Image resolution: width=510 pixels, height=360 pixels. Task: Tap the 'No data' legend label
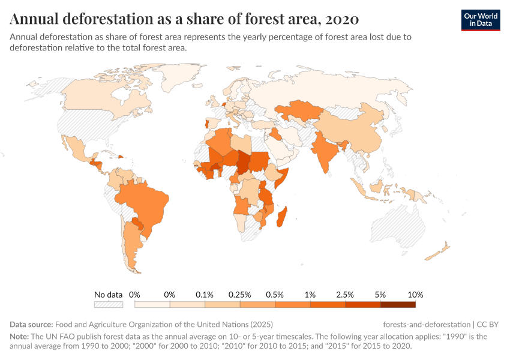click(x=109, y=295)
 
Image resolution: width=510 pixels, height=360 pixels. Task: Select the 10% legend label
click(x=415, y=295)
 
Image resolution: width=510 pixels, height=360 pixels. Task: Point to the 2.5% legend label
click(x=345, y=295)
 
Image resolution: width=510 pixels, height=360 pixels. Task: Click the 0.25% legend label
click(x=240, y=295)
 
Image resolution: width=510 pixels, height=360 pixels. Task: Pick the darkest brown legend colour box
click(x=398, y=304)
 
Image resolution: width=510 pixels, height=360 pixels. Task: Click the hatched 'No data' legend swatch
click(x=109, y=304)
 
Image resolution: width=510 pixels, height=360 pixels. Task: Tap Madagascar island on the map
click(x=281, y=216)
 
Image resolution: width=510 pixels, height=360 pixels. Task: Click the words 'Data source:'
click(x=32, y=325)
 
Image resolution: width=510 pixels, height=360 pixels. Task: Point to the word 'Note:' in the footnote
click(x=20, y=337)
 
